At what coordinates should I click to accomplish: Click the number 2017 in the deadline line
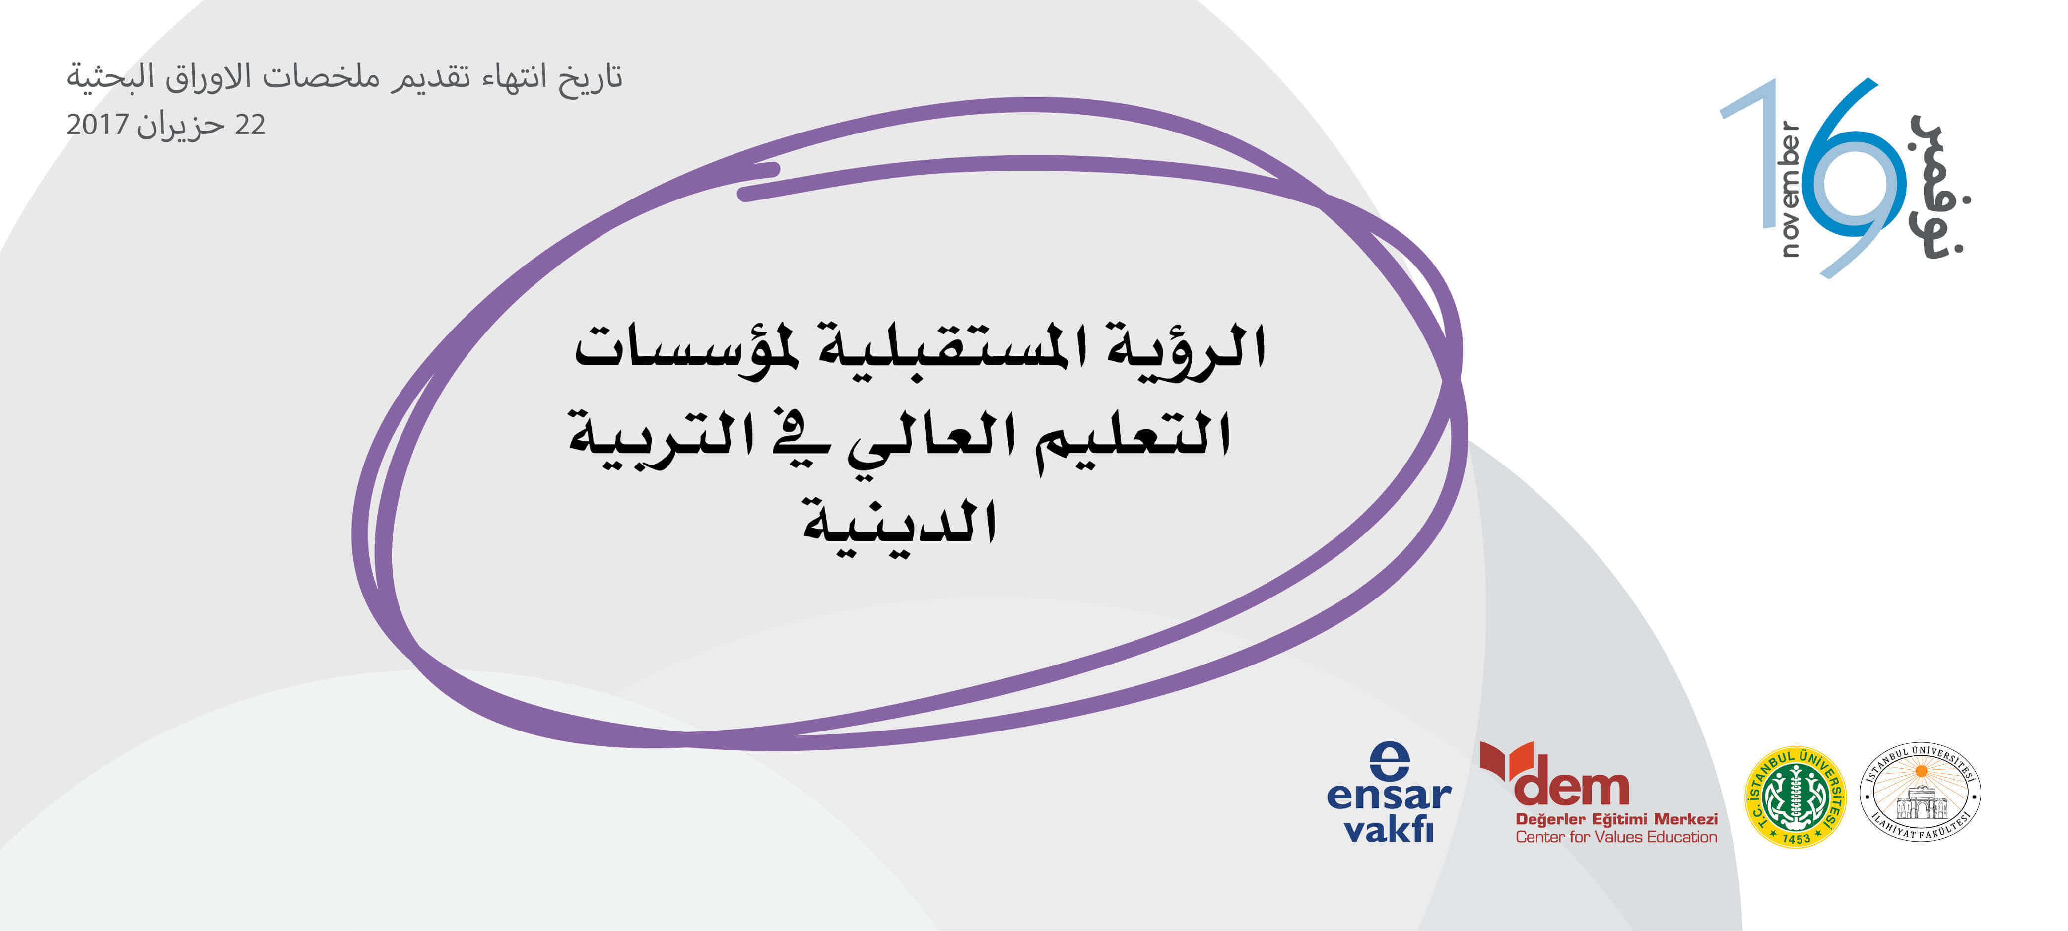[x=98, y=125]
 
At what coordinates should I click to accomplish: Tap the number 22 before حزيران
[x=250, y=125]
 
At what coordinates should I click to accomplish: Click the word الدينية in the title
[x=900, y=525]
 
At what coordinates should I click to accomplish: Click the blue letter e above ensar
[x=1389, y=761]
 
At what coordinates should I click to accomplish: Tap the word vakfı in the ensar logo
[x=1389, y=829]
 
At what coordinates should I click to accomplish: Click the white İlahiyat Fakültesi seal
[x=1920, y=792]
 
